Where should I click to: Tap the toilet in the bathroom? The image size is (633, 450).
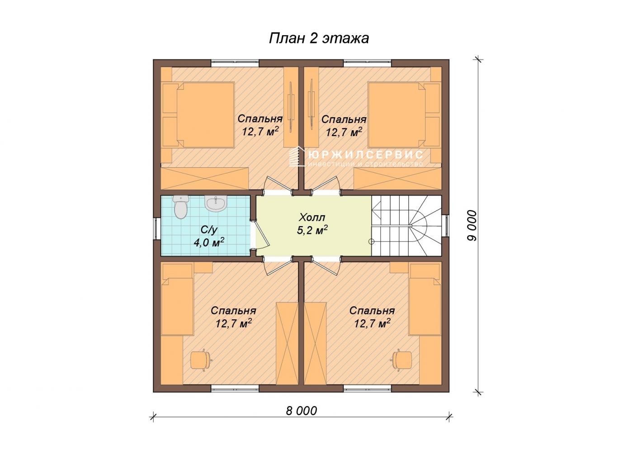[180, 207]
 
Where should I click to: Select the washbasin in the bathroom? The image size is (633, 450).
[216, 203]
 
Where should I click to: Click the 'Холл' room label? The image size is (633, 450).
[312, 218]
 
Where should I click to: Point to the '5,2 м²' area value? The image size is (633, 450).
[312, 230]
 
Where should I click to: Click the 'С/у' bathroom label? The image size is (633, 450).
[208, 230]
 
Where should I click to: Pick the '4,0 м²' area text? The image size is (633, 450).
[208, 242]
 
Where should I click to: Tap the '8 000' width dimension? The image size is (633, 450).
[301, 411]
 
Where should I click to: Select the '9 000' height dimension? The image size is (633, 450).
[472, 225]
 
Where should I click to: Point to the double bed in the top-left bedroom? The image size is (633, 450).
[198, 115]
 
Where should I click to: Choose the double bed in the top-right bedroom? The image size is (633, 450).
[404, 115]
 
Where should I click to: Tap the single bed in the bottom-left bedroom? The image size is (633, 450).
[177, 299]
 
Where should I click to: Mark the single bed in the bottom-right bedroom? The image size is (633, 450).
[425, 299]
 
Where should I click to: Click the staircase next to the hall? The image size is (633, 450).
[406, 226]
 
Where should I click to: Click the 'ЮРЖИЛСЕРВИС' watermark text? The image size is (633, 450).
[366, 154]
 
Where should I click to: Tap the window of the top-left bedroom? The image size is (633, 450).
[235, 63]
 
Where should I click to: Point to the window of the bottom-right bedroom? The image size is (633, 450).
[367, 388]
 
